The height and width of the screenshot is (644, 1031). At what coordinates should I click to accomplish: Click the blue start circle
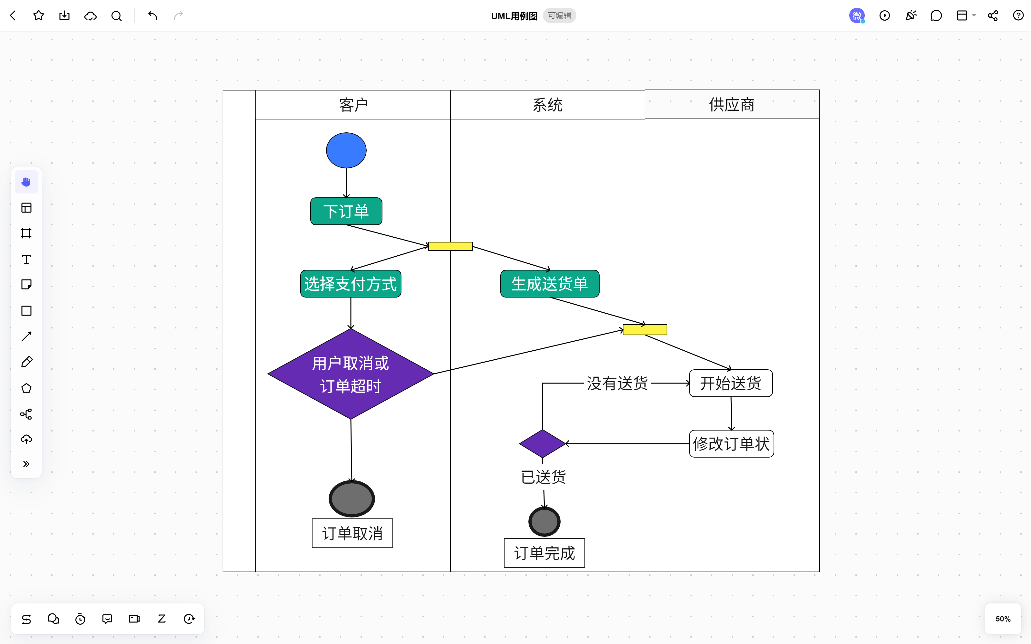[346, 150]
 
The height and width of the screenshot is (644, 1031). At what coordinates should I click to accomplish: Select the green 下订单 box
[346, 211]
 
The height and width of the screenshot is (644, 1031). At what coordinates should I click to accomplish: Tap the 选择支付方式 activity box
[351, 284]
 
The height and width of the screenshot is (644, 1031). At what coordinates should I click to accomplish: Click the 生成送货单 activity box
[550, 284]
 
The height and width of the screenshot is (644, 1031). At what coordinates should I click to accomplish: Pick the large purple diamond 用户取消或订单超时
[350, 374]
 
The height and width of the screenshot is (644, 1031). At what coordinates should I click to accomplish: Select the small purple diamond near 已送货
[542, 443]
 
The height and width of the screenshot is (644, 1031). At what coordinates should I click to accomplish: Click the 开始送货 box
[731, 383]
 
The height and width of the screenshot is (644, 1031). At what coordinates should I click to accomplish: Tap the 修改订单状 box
[731, 444]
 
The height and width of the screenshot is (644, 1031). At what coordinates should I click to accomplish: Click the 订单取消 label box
[352, 533]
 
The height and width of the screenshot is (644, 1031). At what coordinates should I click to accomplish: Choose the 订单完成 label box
[544, 553]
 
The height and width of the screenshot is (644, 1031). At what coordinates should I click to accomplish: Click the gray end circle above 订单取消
[352, 498]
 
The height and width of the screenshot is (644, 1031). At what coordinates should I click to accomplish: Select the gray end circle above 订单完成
[544, 521]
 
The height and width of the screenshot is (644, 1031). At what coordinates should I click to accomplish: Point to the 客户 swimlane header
[353, 105]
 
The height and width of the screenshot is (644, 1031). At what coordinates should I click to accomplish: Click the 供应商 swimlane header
[731, 105]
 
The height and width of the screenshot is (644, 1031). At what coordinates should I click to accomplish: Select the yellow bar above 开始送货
[645, 330]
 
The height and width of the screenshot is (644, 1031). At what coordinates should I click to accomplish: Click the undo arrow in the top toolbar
[152, 16]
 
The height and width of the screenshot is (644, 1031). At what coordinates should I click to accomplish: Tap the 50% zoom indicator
[1003, 619]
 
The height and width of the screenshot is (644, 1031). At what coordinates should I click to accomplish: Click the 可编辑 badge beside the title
[559, 16]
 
